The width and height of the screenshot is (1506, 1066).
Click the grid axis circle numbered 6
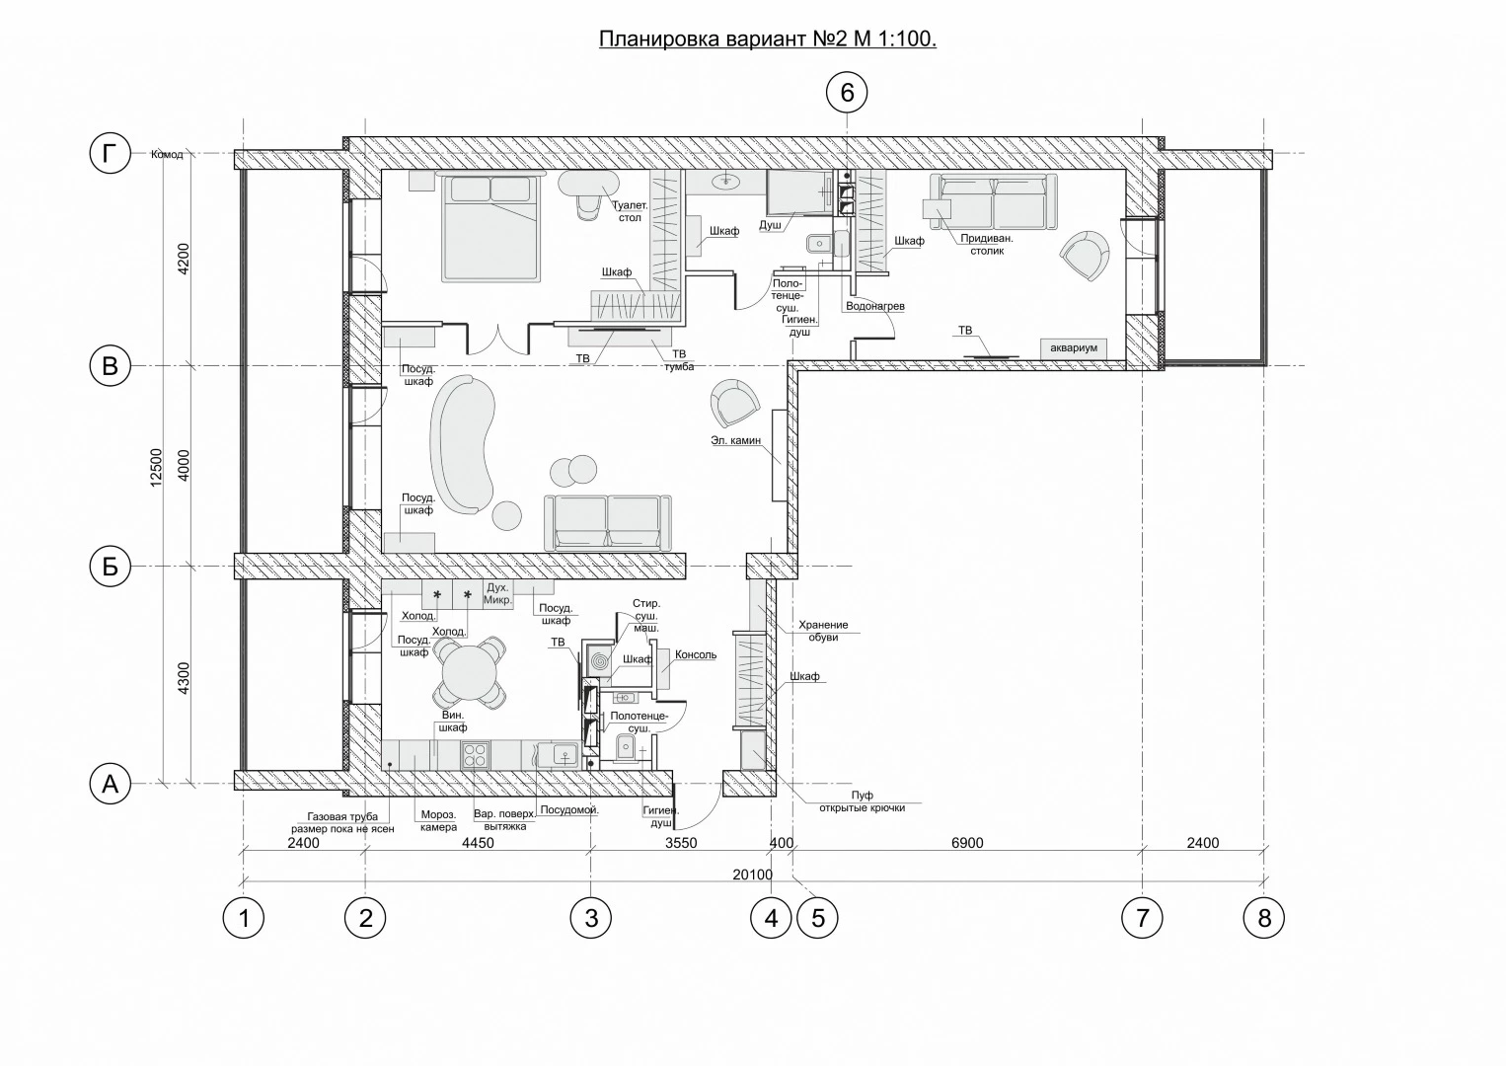847,92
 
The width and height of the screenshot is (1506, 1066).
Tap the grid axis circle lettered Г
110,153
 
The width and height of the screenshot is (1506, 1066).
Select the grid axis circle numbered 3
591,917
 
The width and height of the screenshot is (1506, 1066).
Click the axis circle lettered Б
110,567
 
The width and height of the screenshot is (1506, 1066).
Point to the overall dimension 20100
752,875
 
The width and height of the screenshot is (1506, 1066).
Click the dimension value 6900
967,843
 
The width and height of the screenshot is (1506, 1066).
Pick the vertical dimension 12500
156,468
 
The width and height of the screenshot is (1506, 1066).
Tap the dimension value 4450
478,843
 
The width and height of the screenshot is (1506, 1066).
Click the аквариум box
1074,348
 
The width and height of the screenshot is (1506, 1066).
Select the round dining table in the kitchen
469,672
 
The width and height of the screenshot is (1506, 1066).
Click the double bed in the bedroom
490,227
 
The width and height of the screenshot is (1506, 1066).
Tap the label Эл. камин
735,440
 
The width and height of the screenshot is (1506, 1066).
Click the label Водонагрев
874,306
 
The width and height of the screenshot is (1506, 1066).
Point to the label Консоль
696,654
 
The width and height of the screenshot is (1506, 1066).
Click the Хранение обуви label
823,631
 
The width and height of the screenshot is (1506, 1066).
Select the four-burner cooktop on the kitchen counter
476,755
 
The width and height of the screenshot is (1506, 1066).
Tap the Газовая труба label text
342,816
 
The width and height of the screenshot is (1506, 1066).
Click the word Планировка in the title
659,39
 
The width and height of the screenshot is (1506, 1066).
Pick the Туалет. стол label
630,211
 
